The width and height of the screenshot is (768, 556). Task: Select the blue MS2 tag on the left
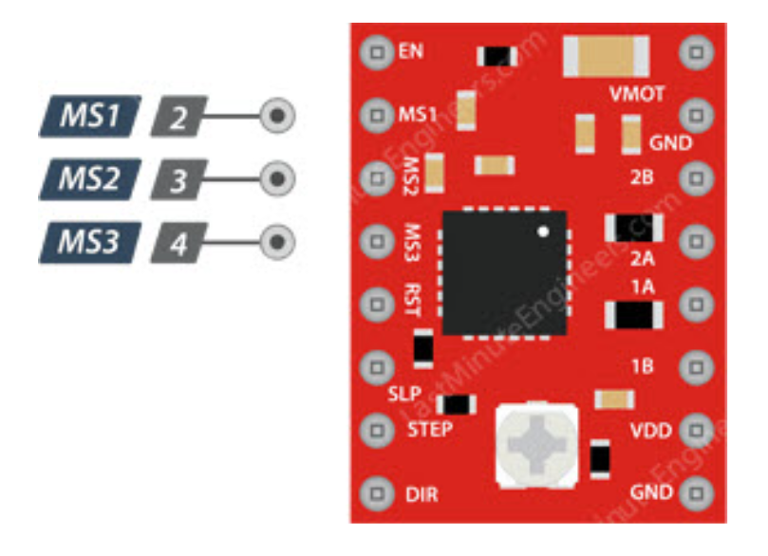[90, 178]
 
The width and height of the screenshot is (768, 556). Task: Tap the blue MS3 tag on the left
[90, 242]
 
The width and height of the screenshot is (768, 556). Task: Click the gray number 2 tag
[178, 117]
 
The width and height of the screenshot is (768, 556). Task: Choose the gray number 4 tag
[178, 243]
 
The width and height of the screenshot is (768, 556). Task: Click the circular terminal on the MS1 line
[276, 116]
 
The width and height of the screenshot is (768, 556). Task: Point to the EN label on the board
[411, 50]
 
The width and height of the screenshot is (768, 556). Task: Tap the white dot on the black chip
[543, 231]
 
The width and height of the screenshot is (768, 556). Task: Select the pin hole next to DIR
[378, 493]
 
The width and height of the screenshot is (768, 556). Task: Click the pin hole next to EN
[378, 51]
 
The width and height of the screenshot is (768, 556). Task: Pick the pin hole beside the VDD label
[698, 430]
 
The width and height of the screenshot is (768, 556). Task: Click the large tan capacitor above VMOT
[605, 55]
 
